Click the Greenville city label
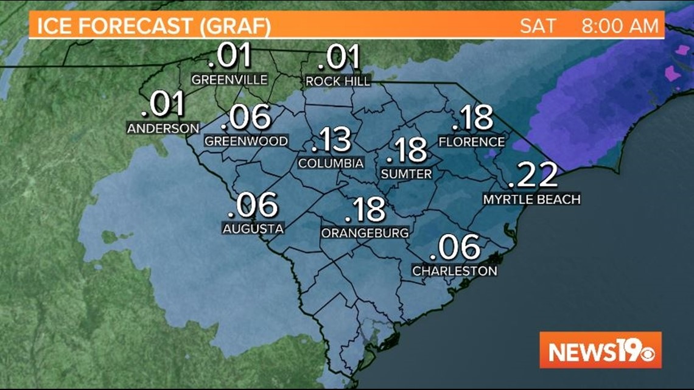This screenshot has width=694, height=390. pyautogui.click(x=229, y=80)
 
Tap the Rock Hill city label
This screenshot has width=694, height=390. pyautogui.click(x=337, y=81)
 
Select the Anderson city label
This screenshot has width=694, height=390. pyautogui.click(x=163, y=128)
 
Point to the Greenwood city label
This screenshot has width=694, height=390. pyautogui.click(x=246, y=141)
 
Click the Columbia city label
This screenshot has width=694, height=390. pyautogui.click(x=331, y=163)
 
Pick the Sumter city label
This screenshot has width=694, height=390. pyautogui.click(x=406, y=174)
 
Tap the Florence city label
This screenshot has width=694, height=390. pyautogui.click(x=472, y=142)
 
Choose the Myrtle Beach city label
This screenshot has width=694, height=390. pyautogui.click(x=531, y=199)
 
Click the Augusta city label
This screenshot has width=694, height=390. pyautogui.click(x=253, y=229)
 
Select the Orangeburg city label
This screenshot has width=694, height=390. pyautogui.click(x=365, y=233)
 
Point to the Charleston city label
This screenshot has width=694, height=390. pyautogui.click(x=455, y=271)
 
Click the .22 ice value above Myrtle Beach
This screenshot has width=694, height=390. pyautogui.click(x=532, y=176)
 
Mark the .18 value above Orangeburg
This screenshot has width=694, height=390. pyautogui.click(x=365, y=210)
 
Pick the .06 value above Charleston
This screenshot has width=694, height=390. pyautogui.click(x=455, y=248)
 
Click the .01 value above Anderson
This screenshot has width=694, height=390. pyautogui.click(x=163, y=105)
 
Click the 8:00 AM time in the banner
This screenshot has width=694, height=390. pyautogui.click(x=620, y=27)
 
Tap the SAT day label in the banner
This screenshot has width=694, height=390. pyautogui.click(x=538, y=27)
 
